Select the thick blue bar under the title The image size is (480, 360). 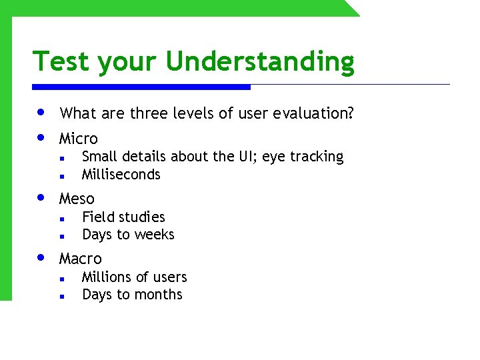141,87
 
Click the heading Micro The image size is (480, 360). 78,139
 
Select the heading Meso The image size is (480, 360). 77,199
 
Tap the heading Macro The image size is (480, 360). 80,259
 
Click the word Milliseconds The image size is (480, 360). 121,175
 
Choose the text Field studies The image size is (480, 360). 123,217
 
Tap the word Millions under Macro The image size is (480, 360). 107,277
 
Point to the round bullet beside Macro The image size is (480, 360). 41,257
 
